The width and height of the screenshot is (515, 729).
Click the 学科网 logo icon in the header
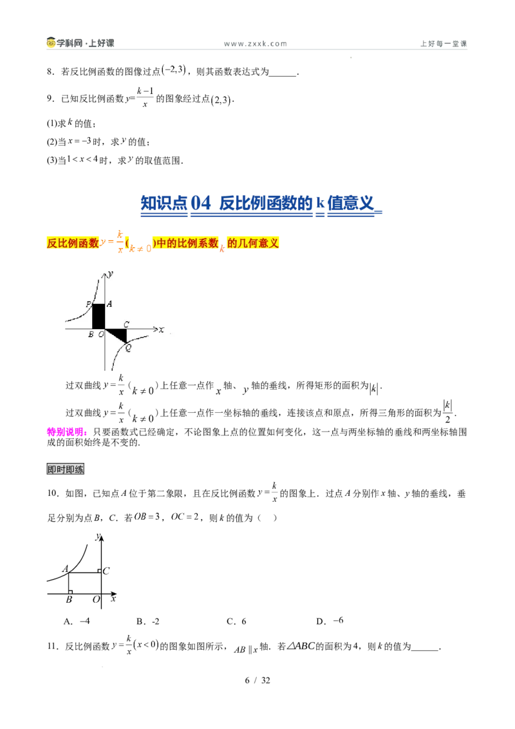tap(51, 43)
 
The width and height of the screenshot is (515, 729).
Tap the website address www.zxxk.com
tap(255, 44)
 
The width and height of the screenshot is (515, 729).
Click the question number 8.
tap(51, 71)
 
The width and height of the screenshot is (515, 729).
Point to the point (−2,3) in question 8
tap(173, 70)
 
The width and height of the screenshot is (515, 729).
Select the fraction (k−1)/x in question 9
tap(145, 98)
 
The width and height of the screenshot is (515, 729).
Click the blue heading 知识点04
tap(176, 203)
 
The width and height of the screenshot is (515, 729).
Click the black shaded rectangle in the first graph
tap(98, 316)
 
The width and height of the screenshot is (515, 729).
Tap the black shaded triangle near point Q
tap(118, 335)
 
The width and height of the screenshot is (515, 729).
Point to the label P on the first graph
tap(88, 305)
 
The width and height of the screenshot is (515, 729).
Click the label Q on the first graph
tap(128, 348)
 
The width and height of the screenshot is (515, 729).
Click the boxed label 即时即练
tap(66, 469)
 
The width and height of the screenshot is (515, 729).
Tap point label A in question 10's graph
tap(66, 569)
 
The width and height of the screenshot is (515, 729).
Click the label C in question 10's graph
tap(106, 571)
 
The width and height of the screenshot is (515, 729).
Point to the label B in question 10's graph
tap(69, 600)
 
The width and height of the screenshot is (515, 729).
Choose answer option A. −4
tap(77, 621)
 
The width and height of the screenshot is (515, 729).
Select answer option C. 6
tap(236, 621)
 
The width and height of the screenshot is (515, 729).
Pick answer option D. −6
tap(330, 621)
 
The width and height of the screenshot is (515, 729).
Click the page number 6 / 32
tap(257, 680)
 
